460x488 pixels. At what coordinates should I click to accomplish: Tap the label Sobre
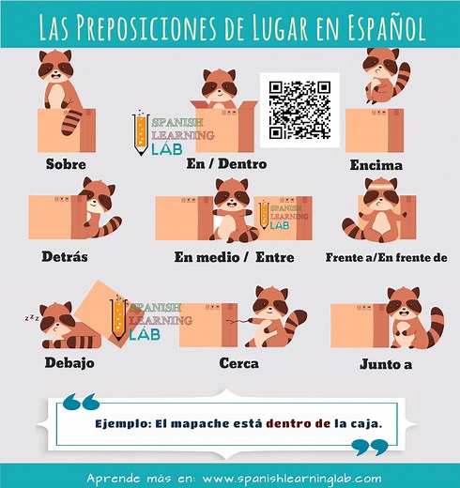point(66,164)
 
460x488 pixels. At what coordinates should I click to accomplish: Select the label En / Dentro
point(227,164)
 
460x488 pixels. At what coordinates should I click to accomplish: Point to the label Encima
point(376,165)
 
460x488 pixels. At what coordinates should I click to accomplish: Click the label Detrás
point(65,255)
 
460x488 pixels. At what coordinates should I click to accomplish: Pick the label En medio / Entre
point(234,256)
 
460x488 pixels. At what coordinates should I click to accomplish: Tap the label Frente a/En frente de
point(386,256)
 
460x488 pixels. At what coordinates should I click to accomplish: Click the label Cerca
point(238,362)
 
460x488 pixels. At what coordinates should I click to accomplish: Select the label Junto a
point(386,363)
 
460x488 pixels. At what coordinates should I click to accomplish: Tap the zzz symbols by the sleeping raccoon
point(32,318)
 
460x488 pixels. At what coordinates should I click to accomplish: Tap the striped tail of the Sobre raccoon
point(73,120)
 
